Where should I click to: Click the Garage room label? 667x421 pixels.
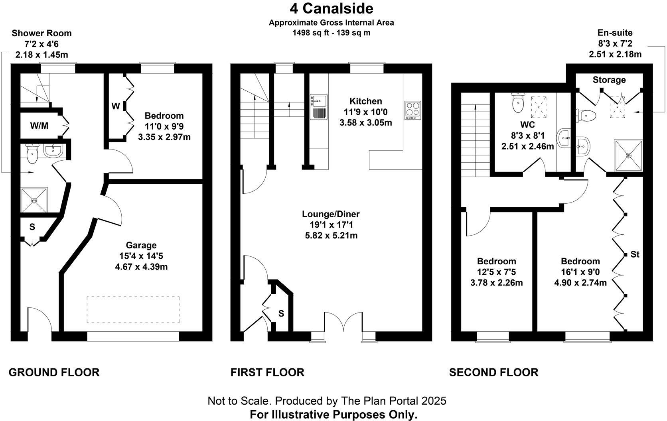pos(141,245)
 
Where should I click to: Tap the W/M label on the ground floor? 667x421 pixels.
pos(39,126)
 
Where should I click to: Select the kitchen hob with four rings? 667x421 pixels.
pos(412,110)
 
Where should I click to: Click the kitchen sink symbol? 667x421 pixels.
pos(319,107)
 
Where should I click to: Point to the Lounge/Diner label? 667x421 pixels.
pos(331,214)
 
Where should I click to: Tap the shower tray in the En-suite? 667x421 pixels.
pos(628,155)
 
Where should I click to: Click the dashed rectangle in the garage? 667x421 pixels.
pos(133,309)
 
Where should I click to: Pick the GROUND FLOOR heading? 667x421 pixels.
pos(54,372)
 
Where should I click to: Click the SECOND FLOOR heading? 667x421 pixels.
pos(493,372)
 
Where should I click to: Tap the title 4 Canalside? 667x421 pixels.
pos(331,8)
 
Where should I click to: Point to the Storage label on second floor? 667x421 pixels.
pos(609,80)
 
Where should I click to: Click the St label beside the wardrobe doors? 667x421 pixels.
pos(635,254)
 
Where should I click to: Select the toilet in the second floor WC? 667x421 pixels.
pos(518,103)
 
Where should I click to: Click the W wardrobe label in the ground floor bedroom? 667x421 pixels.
pos(115,106)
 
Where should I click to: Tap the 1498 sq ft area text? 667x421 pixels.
pos(331,33)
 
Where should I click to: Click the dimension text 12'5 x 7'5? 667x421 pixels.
pos(497,272)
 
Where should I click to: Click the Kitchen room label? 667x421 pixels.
pos(365,101)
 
